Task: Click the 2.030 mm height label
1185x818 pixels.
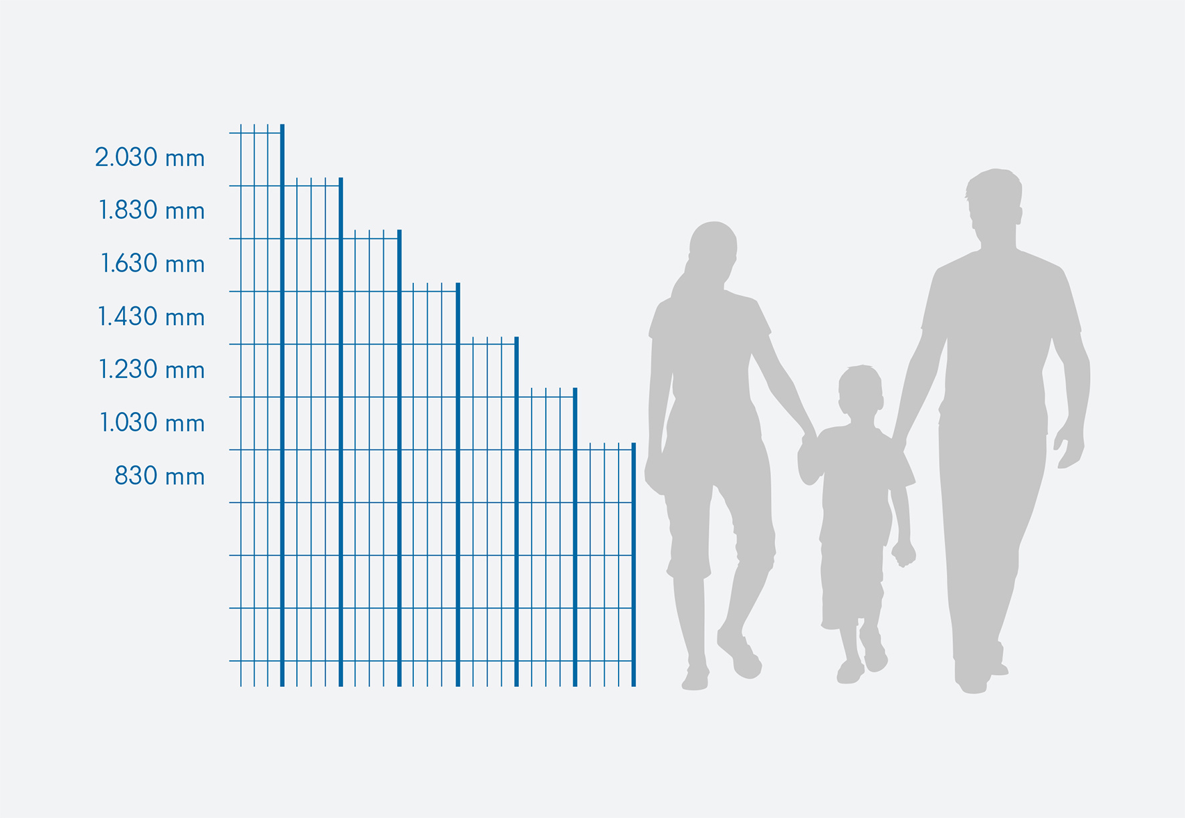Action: pos(150,157)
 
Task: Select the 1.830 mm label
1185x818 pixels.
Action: pos(152,210)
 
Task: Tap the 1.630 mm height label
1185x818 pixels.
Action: pos(152,264)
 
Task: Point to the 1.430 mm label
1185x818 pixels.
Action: pos(151,316)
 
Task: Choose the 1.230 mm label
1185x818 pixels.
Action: pos(152,369)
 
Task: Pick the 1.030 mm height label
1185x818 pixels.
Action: pos(152,423)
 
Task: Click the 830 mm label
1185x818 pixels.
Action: pos(160,476)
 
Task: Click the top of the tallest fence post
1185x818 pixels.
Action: pos(282,125)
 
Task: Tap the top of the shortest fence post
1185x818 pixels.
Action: pos(633,444)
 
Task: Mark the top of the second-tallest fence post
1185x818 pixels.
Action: pos(340,179)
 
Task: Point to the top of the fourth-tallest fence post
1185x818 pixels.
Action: pos(458,284)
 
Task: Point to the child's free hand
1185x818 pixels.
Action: pos(903,552)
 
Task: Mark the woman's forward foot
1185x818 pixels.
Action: pos(740,655)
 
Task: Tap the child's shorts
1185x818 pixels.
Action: pos(851,582)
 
